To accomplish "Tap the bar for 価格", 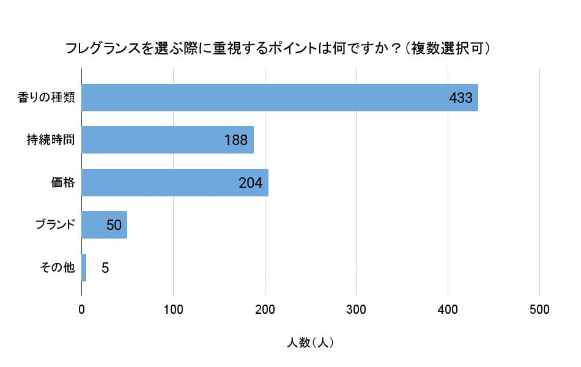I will point(174,182).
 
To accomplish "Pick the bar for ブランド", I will point(104,224).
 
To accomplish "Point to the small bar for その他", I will point(84,267).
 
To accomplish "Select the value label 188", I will point(235,140).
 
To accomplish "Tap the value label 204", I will point(250,182).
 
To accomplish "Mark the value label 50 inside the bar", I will point(114,225).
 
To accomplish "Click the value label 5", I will point(105,268).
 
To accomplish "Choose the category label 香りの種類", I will point(46,98).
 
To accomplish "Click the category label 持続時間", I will point(51,140).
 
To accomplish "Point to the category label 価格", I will point(63,182).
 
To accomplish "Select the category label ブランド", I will point(55,224).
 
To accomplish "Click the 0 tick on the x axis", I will point(82,310).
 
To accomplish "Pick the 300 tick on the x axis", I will point(357,310).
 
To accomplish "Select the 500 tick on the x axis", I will point(539,310).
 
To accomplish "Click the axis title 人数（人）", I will point(310,343).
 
